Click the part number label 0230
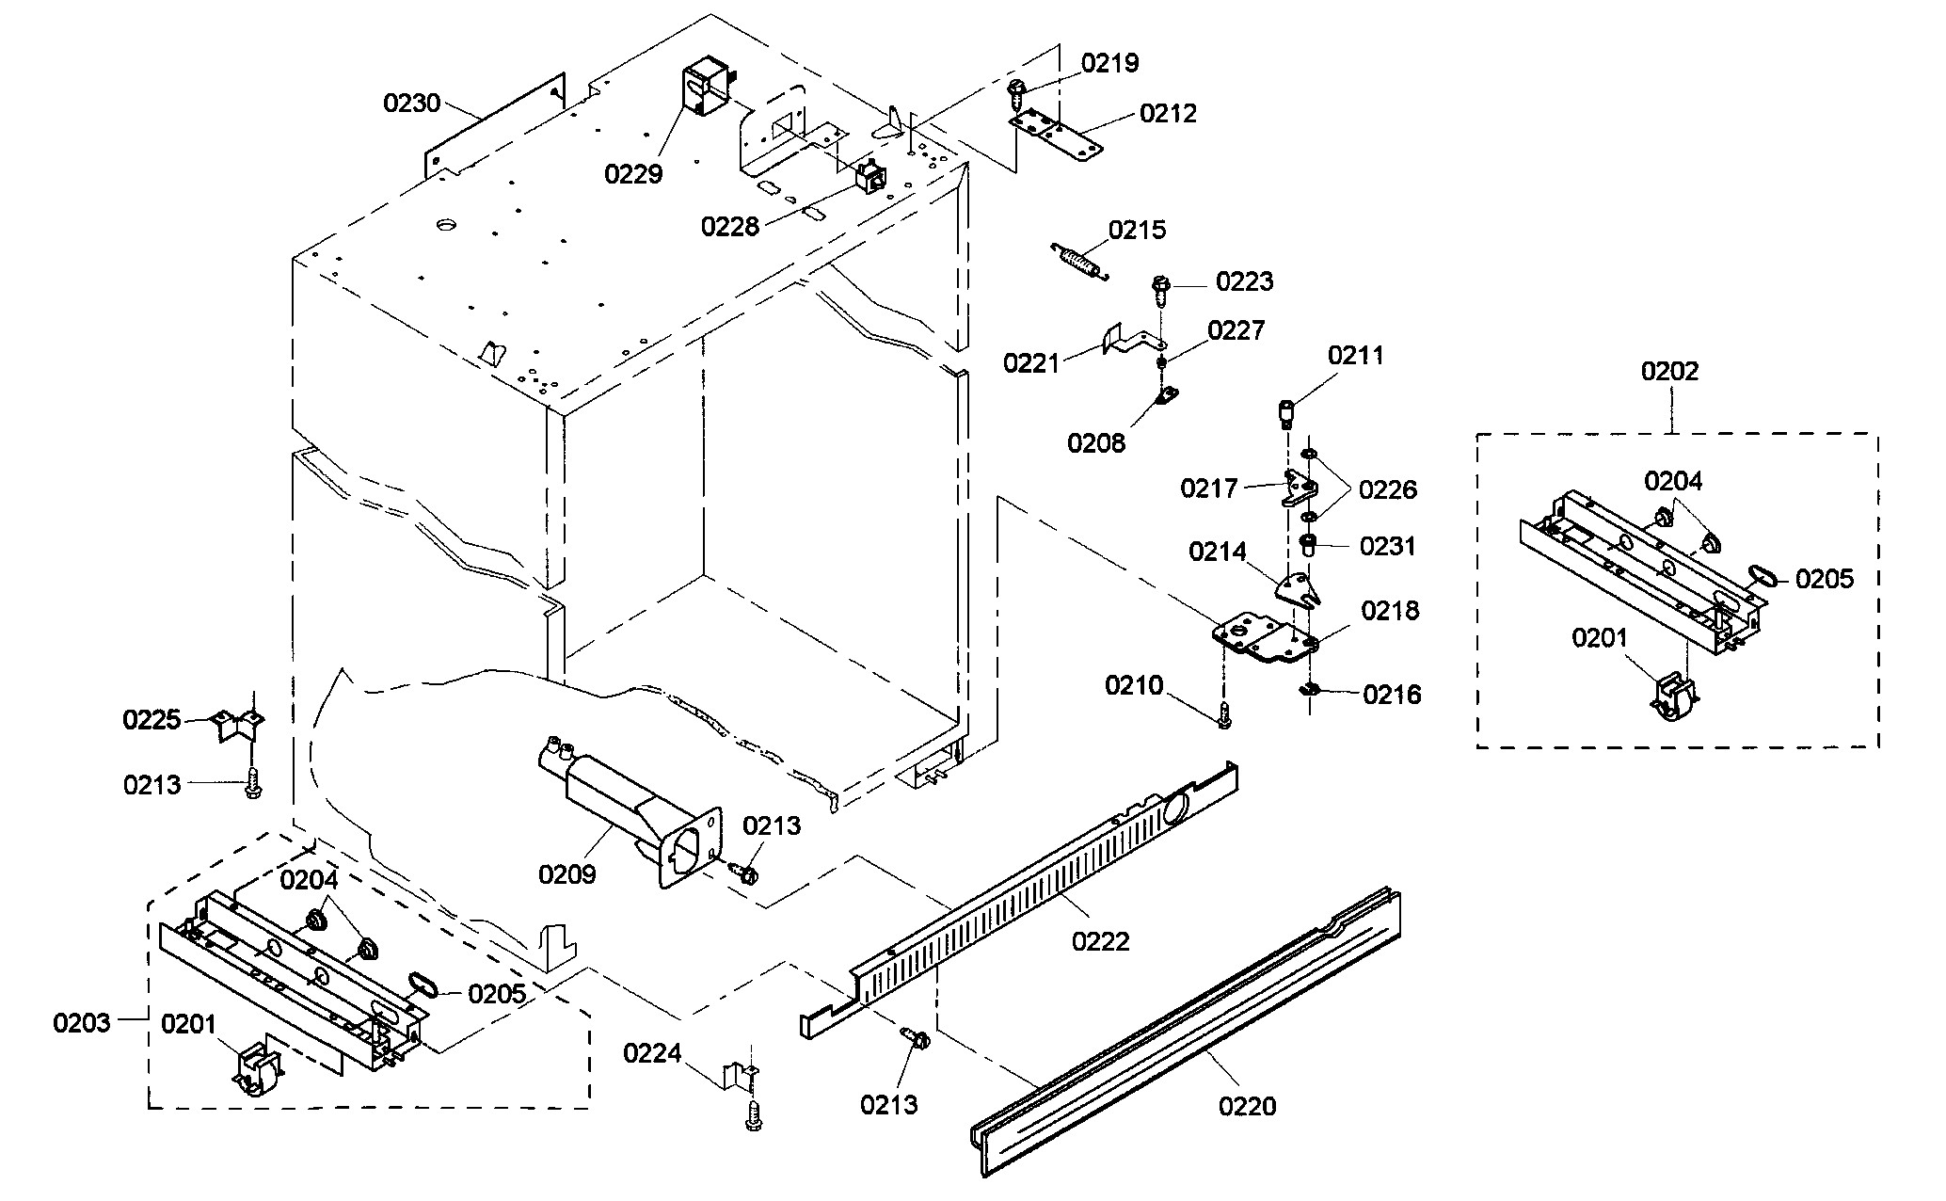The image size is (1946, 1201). [411, 103]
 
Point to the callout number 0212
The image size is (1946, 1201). [1168, 114]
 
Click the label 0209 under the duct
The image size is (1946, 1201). [566, 874]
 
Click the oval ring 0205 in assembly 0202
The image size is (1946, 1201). [1761, 574]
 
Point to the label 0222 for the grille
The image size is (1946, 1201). [1101, 940]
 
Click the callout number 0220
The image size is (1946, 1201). [1247, 1106]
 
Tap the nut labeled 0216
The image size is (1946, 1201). [1308, 692]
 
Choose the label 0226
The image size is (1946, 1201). [1388, 489]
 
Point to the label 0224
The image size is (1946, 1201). [652, 1053]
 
